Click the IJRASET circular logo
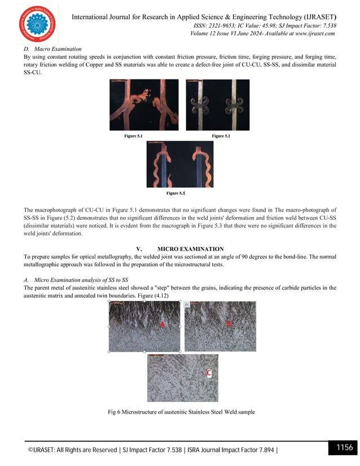coord(37,24)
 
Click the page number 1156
coord(344,448)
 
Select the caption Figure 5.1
coord(133,136)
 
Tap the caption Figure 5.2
coord(221,136)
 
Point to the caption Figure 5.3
coord(175,193)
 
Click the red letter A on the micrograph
coord(162,324)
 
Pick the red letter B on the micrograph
coord(229,323)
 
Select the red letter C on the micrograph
coord(209,373)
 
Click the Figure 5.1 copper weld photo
coord(143,105)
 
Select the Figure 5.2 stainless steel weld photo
coord(217,105)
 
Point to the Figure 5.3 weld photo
coord(179,164)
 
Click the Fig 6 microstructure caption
coord(181,412)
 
